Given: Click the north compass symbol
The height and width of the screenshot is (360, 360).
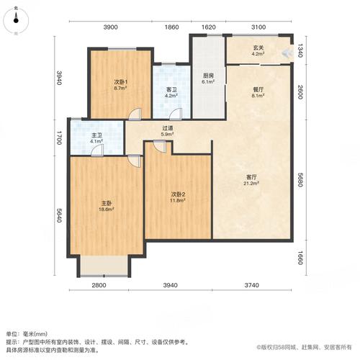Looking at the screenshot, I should coord(16,22).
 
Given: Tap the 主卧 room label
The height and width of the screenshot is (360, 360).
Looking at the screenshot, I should coord(105,204).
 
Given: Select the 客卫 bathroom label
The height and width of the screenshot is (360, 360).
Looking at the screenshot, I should coord(171,89).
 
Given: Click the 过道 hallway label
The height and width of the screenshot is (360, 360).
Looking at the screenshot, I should coord(166,127).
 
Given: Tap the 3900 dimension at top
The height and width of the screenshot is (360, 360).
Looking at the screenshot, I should coord(111,27).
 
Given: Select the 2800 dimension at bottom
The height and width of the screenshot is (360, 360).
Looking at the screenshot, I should coord(99,286).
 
